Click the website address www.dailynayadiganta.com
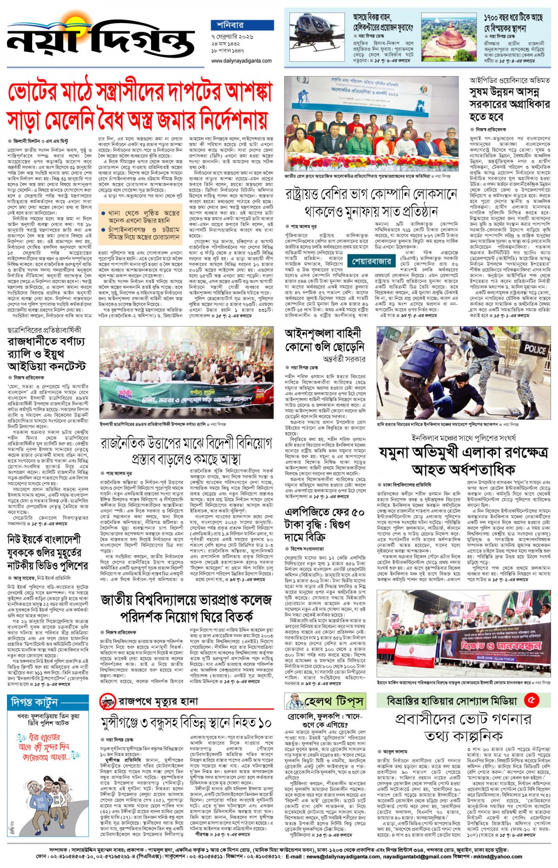(x=241, y=61)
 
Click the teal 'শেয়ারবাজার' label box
(x=372, y=261)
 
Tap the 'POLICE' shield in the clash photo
(x=535, y=349)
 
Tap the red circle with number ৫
(x=532, y=700)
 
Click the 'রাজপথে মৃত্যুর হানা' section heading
(x=158, y=701)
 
